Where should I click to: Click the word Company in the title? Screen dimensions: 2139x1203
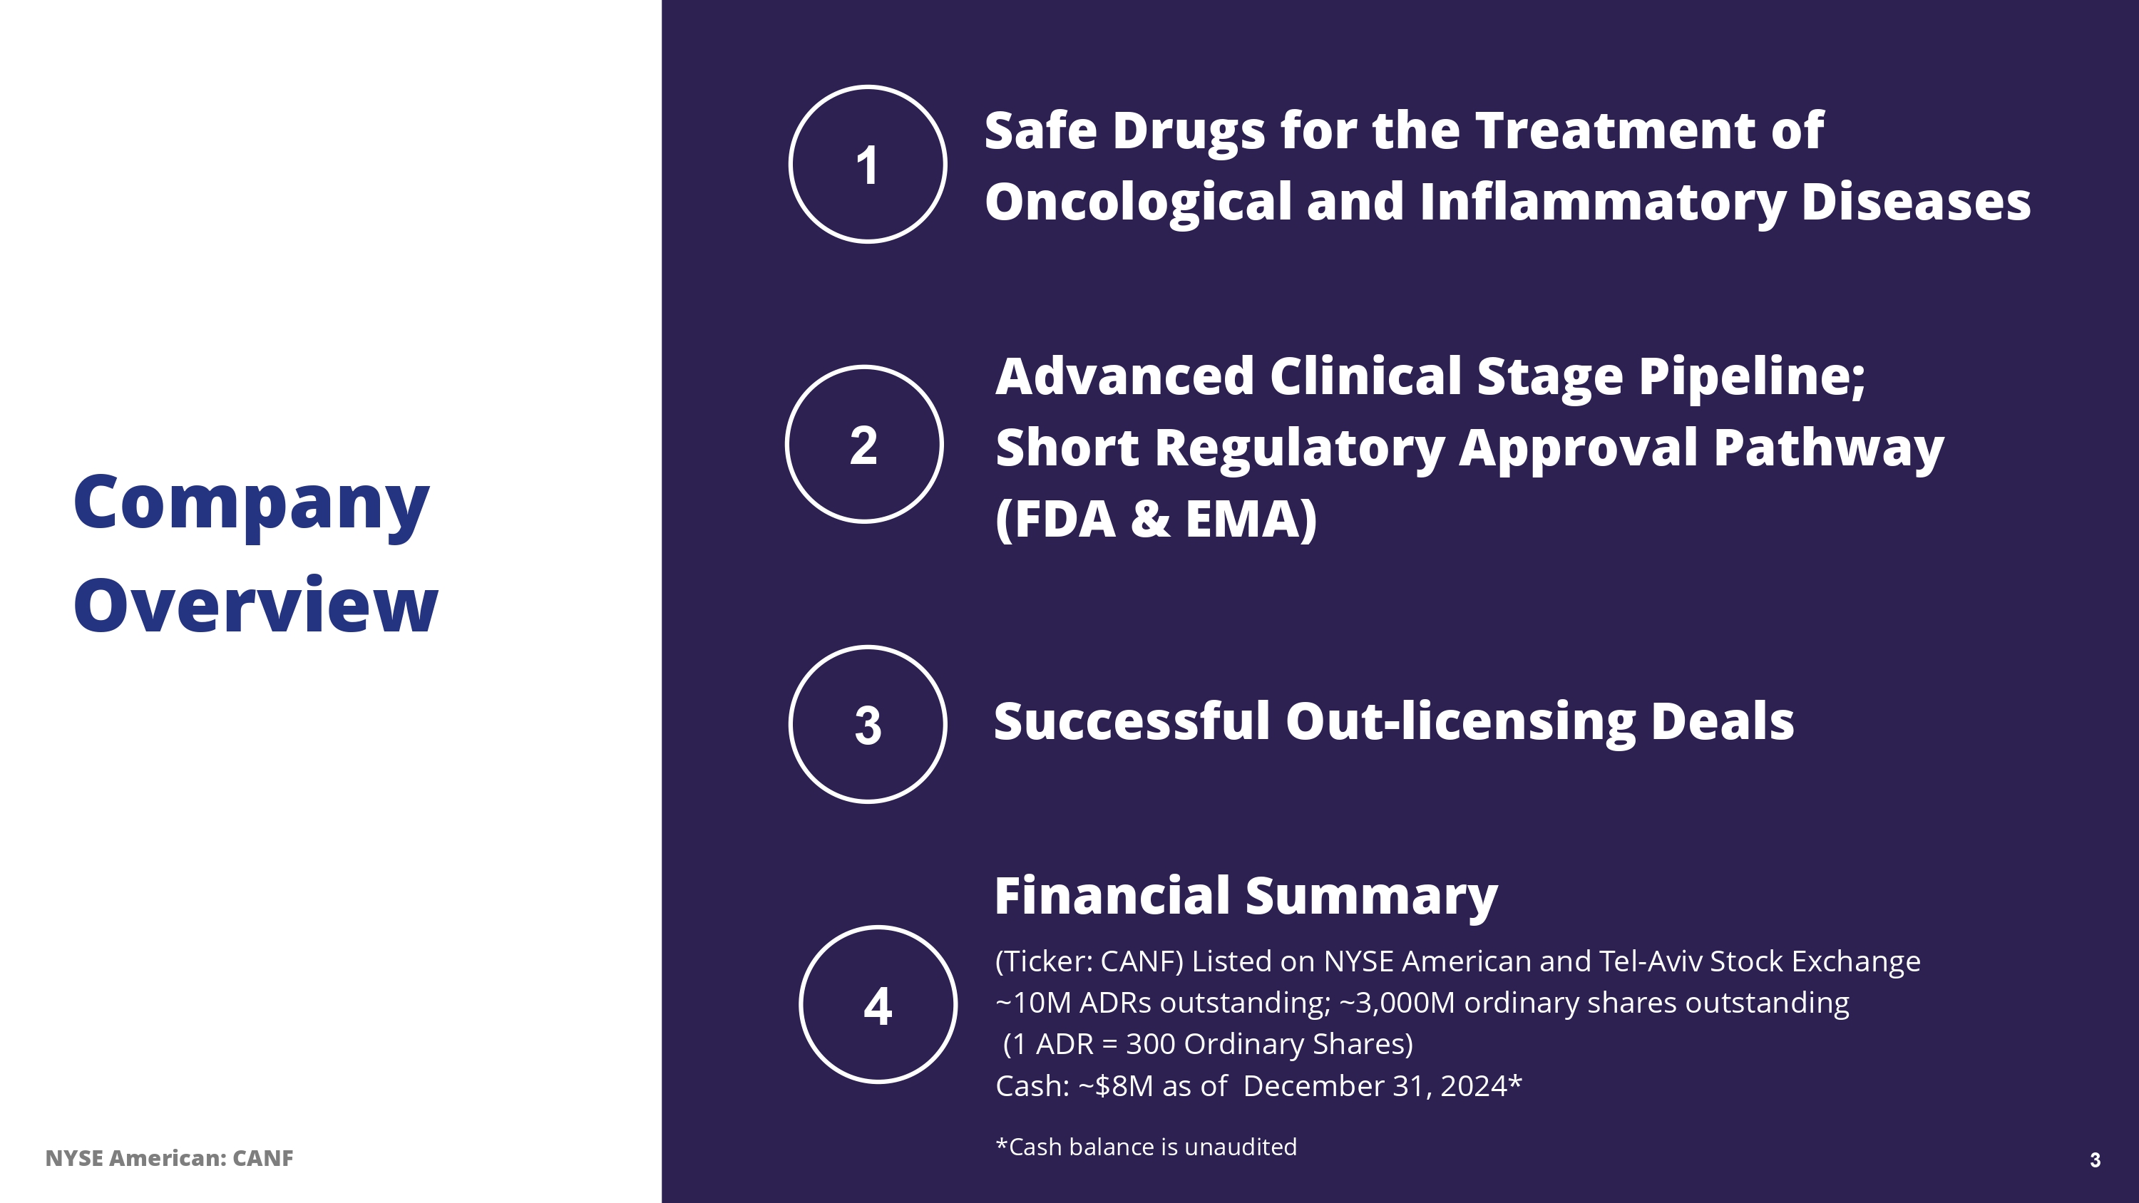point(252,504)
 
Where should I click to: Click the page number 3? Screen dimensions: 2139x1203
point(2095,1160)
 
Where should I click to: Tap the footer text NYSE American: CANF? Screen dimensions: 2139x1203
point(170,1158)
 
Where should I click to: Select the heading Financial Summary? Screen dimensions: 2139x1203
point(1246,897)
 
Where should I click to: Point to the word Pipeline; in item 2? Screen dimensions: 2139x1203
point(1752,378)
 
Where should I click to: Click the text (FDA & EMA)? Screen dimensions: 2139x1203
point(1156,520)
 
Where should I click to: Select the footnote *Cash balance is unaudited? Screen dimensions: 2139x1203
point(1146,1147)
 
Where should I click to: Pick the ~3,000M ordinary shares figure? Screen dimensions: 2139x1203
point(1397,1003)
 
